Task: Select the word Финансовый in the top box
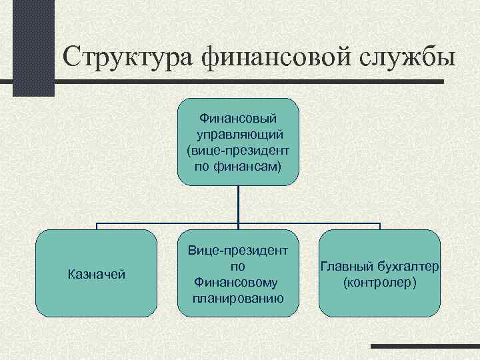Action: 238,119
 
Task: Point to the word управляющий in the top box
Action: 238,134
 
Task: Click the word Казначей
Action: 97,273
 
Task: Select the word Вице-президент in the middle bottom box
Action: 238,251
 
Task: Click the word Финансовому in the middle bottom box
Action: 238,281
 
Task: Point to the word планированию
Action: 238,297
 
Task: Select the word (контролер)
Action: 379,282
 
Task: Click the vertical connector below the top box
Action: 238,203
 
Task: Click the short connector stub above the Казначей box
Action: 97,226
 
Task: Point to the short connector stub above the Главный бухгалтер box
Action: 379,226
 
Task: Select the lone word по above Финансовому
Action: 238,266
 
